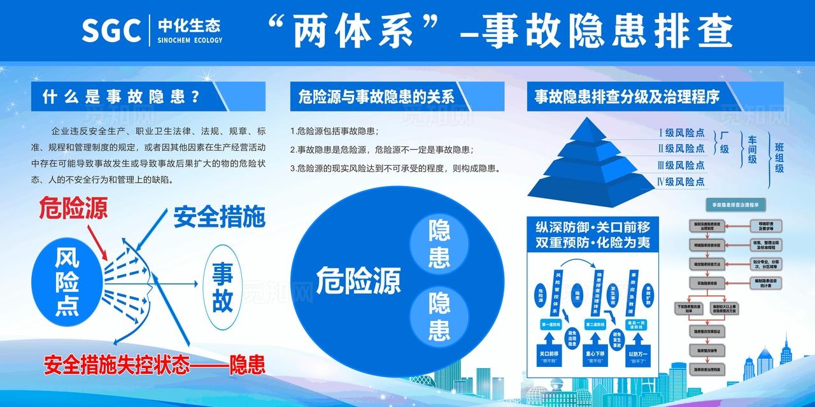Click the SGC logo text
[x=111, y=29]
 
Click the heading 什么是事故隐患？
[x=122, y=97]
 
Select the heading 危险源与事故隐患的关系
[x=376, y=97]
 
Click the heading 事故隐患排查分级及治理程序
[x=627, y=97]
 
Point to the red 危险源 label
[x=74, y=208]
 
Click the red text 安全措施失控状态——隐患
[x=154, y=365]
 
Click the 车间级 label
[x=752, y=150]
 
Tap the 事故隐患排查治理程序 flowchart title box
[x=735, y=204]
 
